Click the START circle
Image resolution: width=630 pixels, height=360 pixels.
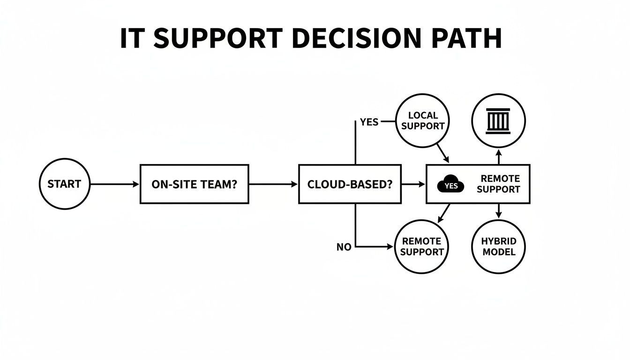64,184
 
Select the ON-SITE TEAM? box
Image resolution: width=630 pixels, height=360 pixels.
194,184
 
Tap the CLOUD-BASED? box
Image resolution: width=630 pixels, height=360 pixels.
350,184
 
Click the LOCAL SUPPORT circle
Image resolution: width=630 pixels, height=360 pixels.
423,120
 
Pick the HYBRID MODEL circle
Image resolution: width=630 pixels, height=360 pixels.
499,247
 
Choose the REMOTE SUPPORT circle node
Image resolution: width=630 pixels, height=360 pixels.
422,247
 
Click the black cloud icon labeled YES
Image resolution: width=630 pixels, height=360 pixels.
450,185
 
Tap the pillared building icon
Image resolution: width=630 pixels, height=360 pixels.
498,120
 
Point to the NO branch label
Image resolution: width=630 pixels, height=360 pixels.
344,247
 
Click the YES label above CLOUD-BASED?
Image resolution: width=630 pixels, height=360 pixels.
369,122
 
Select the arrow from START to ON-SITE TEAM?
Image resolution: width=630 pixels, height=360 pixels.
114,184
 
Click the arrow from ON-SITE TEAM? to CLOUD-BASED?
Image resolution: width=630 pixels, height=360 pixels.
273,184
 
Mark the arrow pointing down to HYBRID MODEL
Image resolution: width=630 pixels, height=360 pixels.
499,210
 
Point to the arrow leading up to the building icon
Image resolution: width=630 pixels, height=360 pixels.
499,157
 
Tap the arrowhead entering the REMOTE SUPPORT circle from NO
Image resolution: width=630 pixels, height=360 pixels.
390,247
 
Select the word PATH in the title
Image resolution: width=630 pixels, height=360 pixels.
469,38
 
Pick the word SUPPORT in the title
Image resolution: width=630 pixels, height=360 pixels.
218,38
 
